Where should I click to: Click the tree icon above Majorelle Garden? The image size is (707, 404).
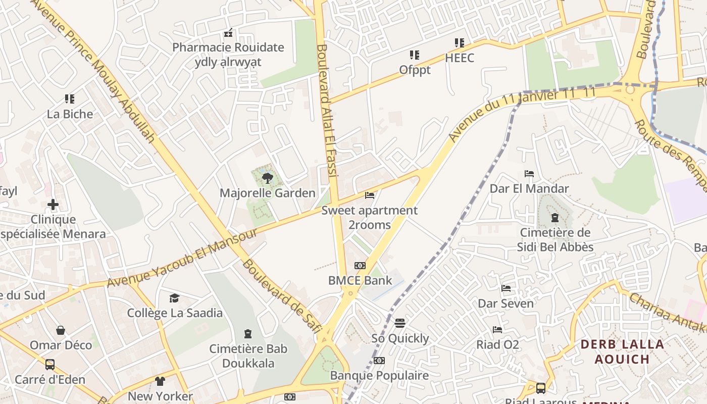click(268, 178)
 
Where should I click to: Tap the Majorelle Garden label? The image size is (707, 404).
click(268, 193)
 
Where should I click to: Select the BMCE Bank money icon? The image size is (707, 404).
click(360, 266)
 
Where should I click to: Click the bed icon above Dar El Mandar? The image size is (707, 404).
click(529, 174)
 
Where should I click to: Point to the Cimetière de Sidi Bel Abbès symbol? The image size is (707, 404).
click(555, 218)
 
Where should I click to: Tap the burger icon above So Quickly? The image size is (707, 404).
click(400, 323)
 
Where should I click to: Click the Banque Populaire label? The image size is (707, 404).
click(379, 375)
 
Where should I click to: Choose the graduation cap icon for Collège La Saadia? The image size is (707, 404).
click(174, 298)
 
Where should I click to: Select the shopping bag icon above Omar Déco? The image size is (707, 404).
click(61, 330)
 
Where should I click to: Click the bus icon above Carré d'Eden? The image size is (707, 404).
click(50, 364)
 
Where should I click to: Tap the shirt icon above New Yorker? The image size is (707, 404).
click(160, 381)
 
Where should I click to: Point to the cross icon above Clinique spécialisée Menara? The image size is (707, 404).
click(53, 205)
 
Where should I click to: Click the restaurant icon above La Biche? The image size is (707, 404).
click(70, 99)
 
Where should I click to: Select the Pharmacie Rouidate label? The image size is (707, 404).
click(228, 47)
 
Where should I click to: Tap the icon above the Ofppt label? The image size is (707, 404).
click(415, 55)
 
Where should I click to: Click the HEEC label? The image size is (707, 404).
click(460, 58)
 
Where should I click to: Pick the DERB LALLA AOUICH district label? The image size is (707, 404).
click(622, 352)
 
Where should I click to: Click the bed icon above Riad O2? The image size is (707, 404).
click(497, 330)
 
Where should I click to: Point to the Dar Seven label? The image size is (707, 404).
click(506, 304)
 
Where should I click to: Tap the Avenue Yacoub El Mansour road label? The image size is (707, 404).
click(183, 258)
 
